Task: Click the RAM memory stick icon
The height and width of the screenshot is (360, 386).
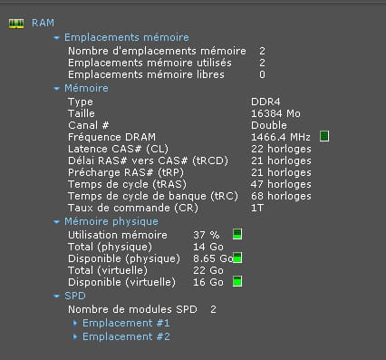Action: tap(16, 24)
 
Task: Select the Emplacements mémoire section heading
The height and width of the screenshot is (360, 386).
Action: tap(127, 37)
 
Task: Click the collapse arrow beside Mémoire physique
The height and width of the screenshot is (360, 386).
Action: tap(56, 222)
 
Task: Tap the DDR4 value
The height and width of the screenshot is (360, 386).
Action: tap(265, 102)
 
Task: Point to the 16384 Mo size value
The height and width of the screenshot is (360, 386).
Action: tap(275, 113)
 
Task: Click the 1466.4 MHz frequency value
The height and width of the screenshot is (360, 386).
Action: tap(281, 137)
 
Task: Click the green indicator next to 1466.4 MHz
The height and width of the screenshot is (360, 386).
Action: tap(324, 136)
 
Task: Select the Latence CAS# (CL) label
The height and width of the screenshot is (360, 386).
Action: tap(118, 149)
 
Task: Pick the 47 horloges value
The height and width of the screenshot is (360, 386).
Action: tap(281, 184)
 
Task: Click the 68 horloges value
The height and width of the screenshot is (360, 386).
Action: tap(281, 196)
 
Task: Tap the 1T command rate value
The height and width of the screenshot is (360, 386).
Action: tap(257, 208)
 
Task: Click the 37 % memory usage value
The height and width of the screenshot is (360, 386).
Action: tap(207, 235)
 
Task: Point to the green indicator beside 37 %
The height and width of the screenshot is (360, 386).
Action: tap(237, 234)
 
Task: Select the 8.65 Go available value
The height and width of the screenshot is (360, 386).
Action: tap(213, 258)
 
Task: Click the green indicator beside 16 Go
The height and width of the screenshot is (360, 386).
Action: tap(237, 281)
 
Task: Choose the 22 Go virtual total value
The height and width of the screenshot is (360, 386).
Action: tap(208, 270)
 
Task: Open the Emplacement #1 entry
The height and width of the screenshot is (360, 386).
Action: tap(126, 323)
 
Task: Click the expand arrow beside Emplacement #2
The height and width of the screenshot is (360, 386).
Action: tap(75, 336)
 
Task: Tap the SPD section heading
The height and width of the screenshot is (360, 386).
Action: tap(75, 296)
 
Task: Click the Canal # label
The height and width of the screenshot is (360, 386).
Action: tap(88, 125)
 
